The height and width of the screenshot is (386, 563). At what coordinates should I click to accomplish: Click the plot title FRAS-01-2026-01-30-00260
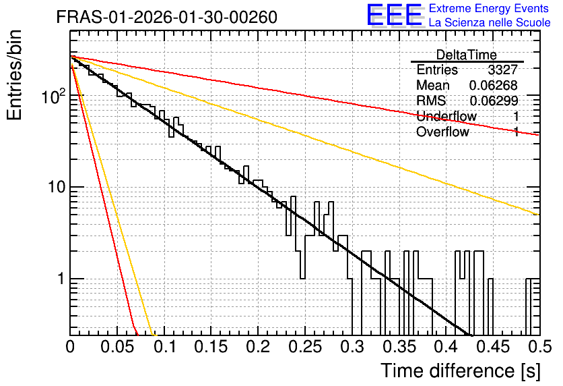click(167, 17)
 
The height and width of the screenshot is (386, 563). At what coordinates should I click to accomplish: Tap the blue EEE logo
click(394, 15)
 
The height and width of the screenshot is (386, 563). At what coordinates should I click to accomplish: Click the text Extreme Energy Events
click(489, 8)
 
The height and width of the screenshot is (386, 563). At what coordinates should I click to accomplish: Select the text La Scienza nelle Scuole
click(490, 22)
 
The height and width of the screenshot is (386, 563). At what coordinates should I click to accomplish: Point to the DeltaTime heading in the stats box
click(467, 55)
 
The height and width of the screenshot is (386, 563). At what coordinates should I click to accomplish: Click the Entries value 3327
click(502, 70)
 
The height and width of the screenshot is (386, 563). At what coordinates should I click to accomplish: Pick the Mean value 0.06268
click(494, 85)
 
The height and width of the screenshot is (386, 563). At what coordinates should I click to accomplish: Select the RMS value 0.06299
click(494, 101)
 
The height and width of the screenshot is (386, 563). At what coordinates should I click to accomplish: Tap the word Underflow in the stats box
click(446, 116)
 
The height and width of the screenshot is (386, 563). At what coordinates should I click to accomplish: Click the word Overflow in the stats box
click(442, 132)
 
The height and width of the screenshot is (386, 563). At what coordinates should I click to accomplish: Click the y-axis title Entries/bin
click(14, 75)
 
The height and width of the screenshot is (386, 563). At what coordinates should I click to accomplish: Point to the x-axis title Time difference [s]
click(461, 371)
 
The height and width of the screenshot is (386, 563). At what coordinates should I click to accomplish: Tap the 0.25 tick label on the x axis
click(305, 347)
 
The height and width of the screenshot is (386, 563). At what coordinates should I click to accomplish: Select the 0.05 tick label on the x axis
click(117, 347)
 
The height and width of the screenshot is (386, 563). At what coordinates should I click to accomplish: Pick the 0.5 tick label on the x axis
click(539, 347)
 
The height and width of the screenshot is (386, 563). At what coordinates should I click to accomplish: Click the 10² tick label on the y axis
click(54, 96)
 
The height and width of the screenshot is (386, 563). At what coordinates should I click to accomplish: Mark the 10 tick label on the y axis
click(57, 187)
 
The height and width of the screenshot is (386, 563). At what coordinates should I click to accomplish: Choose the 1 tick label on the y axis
click(62, 279)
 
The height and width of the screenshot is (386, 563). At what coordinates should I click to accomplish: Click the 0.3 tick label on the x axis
click(352, 347)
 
